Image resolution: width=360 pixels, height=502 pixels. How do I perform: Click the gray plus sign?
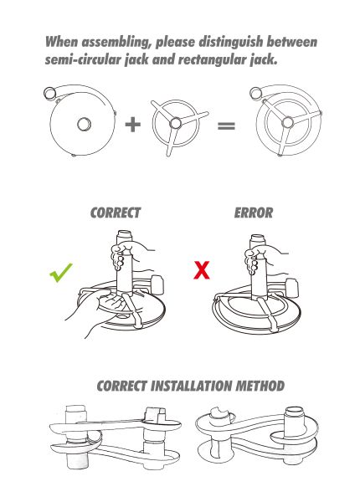[132, 125]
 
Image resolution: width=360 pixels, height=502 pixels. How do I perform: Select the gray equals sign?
[226, 125]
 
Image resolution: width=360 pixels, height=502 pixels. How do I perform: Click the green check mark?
[61, 273]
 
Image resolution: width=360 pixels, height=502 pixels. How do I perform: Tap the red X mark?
[202, 270]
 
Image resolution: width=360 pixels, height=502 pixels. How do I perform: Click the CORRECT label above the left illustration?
[116, 213]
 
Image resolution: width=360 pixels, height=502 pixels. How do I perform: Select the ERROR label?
[254, 213]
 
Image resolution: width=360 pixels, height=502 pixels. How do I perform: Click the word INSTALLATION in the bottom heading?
[191, 386]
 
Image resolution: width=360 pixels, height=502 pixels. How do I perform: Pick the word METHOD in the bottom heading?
[260, 386]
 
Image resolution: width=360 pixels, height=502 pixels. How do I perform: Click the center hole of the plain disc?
[84, 124]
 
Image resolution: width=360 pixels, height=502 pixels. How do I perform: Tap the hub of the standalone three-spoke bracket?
[175, 123]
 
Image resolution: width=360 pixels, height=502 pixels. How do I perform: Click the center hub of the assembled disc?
[287, 122]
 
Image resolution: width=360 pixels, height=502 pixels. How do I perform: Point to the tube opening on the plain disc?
[49, 93]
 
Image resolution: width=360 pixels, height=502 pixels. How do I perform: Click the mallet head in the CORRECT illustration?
[157, 284]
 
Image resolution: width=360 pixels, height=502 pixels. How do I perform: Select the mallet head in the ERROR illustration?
[292, 288]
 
